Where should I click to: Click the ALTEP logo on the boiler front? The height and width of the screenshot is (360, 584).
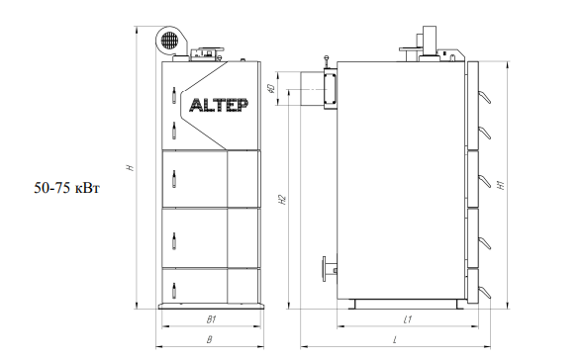pyautogui.click(x=219, y=106)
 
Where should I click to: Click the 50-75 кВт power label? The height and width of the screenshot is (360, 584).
pyautogui.click(x=66, y=188)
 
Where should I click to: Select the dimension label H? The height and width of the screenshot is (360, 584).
pyautogui.click(x=130, y=168)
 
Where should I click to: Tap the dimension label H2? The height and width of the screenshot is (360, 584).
pyautogui.click(x=283, y=200)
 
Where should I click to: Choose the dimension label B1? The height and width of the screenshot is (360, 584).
pyautogui.click(x=212, y=319)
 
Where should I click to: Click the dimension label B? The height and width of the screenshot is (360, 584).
pyautogui.click(x=209, y=339)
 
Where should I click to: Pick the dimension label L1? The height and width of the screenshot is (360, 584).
pyautogui.click(x=408, y=319)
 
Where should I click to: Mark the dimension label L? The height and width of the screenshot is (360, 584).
pyautogui.click(x=395, y=339)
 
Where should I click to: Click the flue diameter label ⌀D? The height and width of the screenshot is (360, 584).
pyautogui.click(x=271, y=89)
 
